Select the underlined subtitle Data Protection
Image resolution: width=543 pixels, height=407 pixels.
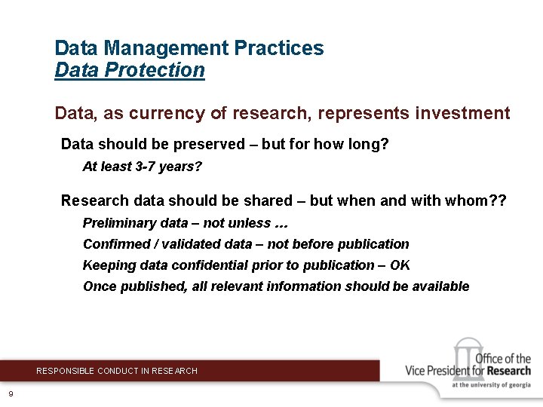point(130,70)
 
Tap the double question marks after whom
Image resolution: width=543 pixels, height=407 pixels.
point(498,200)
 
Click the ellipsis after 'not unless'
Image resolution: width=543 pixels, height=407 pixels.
point(281,223)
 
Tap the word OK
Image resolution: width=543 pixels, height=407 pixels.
point(400,265)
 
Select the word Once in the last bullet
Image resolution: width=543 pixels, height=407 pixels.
point(98,286)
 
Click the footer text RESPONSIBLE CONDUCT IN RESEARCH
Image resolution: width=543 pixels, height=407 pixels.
point(117,371)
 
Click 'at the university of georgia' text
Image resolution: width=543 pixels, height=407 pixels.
point(491,385)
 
